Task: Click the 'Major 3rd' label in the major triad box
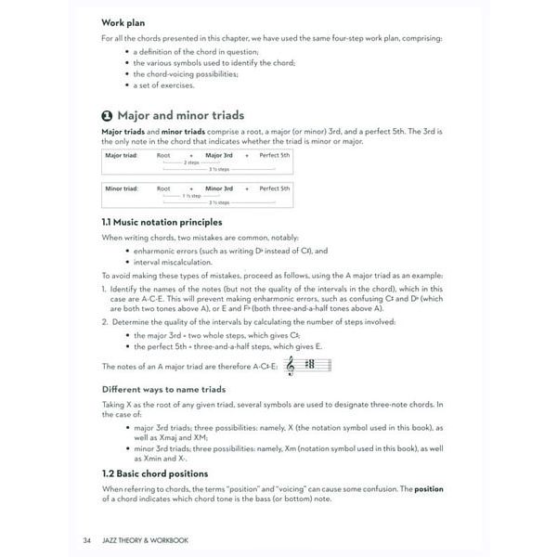coord(219,157)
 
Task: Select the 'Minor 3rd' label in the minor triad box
coord(219,188)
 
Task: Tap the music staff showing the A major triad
coord(309,367)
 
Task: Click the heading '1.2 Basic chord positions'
coord(154,473)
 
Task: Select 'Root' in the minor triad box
coord(163,188)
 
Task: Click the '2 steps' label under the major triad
coord(191,163)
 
